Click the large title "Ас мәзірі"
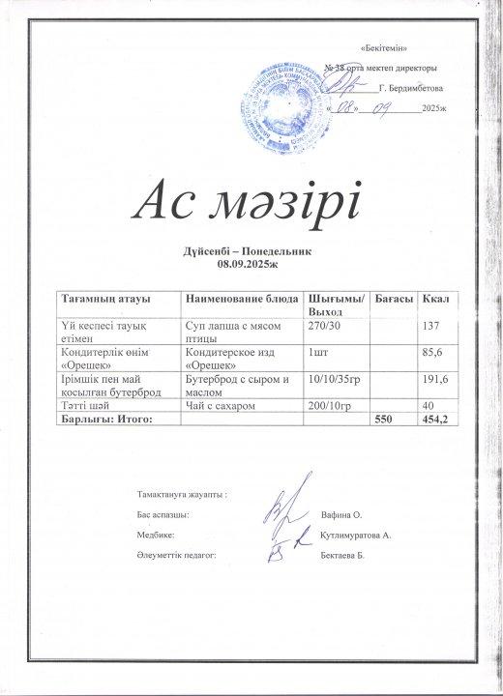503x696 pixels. [x=251, y=200]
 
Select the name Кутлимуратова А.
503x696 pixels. [x=355, y=535]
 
